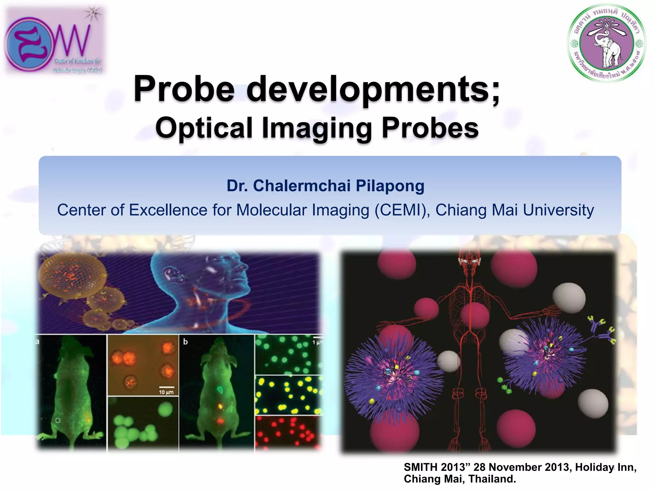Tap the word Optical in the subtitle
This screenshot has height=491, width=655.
[x=204, y=128]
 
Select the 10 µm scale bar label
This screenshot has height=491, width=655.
[x=166, y=392]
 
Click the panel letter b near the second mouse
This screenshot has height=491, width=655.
[x=185, y=342]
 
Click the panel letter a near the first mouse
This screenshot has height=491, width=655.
[x=37, y=342]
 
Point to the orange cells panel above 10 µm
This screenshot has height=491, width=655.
[x=143, y=364]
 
